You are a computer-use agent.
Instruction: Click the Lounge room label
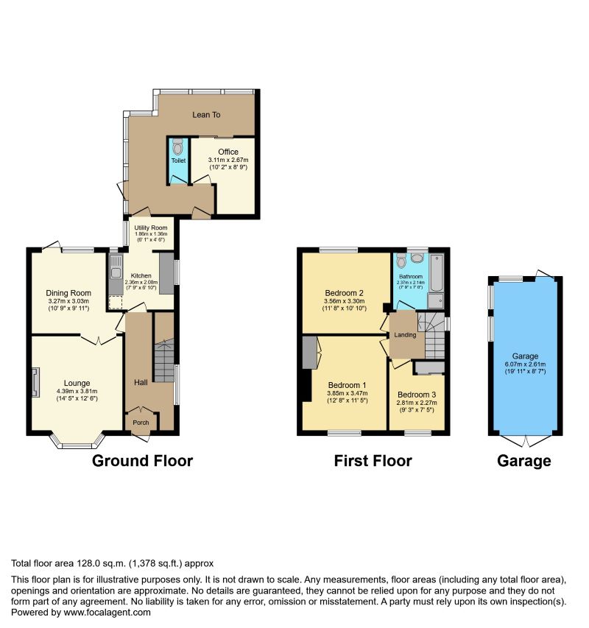pyautogui.click(x=77, y=383)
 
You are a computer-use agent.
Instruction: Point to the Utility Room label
pyautogui.click(x=149, y=227)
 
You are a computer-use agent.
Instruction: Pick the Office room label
pyautogui.click(x=228, y=152)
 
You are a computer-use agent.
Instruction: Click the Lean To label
pyautogui.click(x=207, y=115)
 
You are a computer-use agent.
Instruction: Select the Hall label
pyautogui.click(x=141, y=382)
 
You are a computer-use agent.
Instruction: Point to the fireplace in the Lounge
pyautogui.click(x=35, y=383)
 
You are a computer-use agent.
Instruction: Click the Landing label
pyautogui.click(x=405, y=335)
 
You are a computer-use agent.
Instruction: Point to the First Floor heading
pyautogui.click(x=373, y=461)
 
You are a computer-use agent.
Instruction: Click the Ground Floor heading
pyautogui.click(x=142, y=461)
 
